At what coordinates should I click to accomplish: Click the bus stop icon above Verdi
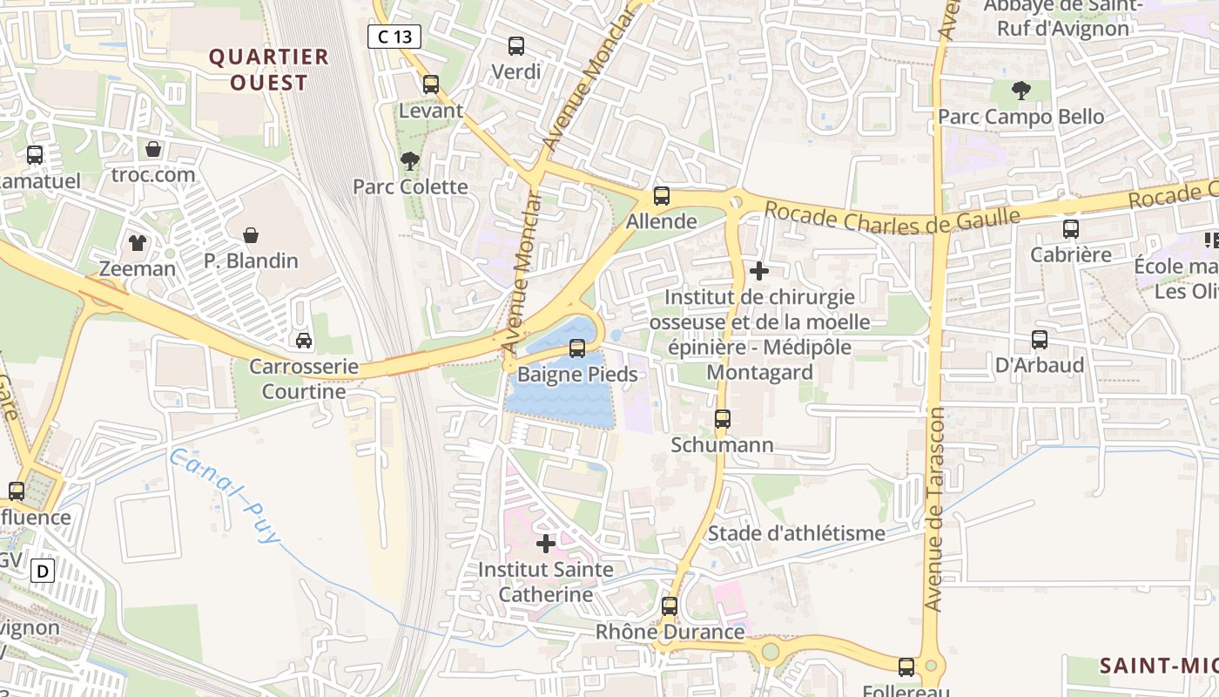pos(516,45)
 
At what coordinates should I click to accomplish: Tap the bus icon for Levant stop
pos(431,85)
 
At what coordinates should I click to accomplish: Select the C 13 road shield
pos(394,37)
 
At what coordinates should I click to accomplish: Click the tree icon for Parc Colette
pos(409,160)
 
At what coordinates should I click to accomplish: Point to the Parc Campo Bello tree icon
pos(1020,90)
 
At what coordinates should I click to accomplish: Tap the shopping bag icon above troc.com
pos(153,149)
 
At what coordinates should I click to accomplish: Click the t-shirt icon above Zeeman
pos(138,242)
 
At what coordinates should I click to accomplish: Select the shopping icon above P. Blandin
pos(251,234)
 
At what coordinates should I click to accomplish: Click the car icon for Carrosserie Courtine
pos(304,340)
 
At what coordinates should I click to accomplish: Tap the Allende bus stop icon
pos(662,196)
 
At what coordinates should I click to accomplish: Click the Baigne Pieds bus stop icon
pos(576,348)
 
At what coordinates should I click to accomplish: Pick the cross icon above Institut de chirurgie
pos(759,271)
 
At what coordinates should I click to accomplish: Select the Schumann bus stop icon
pos(722,419)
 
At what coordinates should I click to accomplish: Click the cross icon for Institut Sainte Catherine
pos(546,544)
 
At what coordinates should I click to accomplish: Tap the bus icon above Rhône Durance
pos(669,606)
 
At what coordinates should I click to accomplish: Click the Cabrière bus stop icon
pos(1071,229)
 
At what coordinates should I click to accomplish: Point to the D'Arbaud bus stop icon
pos(1040,339)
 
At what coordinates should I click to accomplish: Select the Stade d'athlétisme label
pos(797,533)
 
